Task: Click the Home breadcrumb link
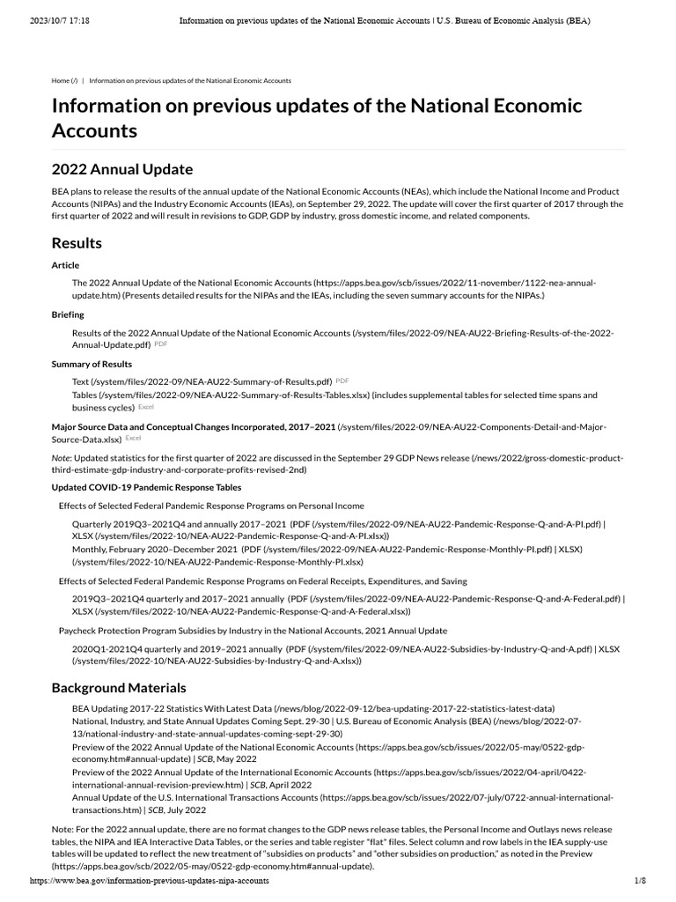point(64,80)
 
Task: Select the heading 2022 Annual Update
point(121,168)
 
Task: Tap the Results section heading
point(77,242)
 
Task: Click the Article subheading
point(65,265)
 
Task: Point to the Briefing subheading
point(68,314)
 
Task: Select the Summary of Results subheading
point(92,364)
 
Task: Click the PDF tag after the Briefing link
point(161,344)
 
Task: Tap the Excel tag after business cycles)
point(146,408)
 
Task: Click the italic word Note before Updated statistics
point(62,458)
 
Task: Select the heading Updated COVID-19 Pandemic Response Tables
point(146,487)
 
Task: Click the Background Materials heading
point(119,687)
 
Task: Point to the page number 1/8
point(640,881)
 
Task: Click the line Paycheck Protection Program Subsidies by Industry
point(253,631)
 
